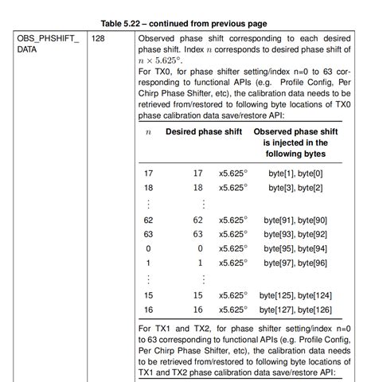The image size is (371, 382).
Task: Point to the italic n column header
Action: pyautogui.click(x=149, y=131)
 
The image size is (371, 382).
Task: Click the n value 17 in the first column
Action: pyautogui.click(x=149, y=173)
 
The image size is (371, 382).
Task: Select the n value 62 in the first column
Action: pyautogui.click(x=149, y=220)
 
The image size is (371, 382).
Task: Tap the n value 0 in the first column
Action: pyautogui.click(x=149, y=248)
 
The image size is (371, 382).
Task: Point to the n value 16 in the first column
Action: pyautogui.click(x=149, y=310)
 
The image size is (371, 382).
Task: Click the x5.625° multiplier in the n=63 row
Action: pyautogui.click(x=232, y=234)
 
